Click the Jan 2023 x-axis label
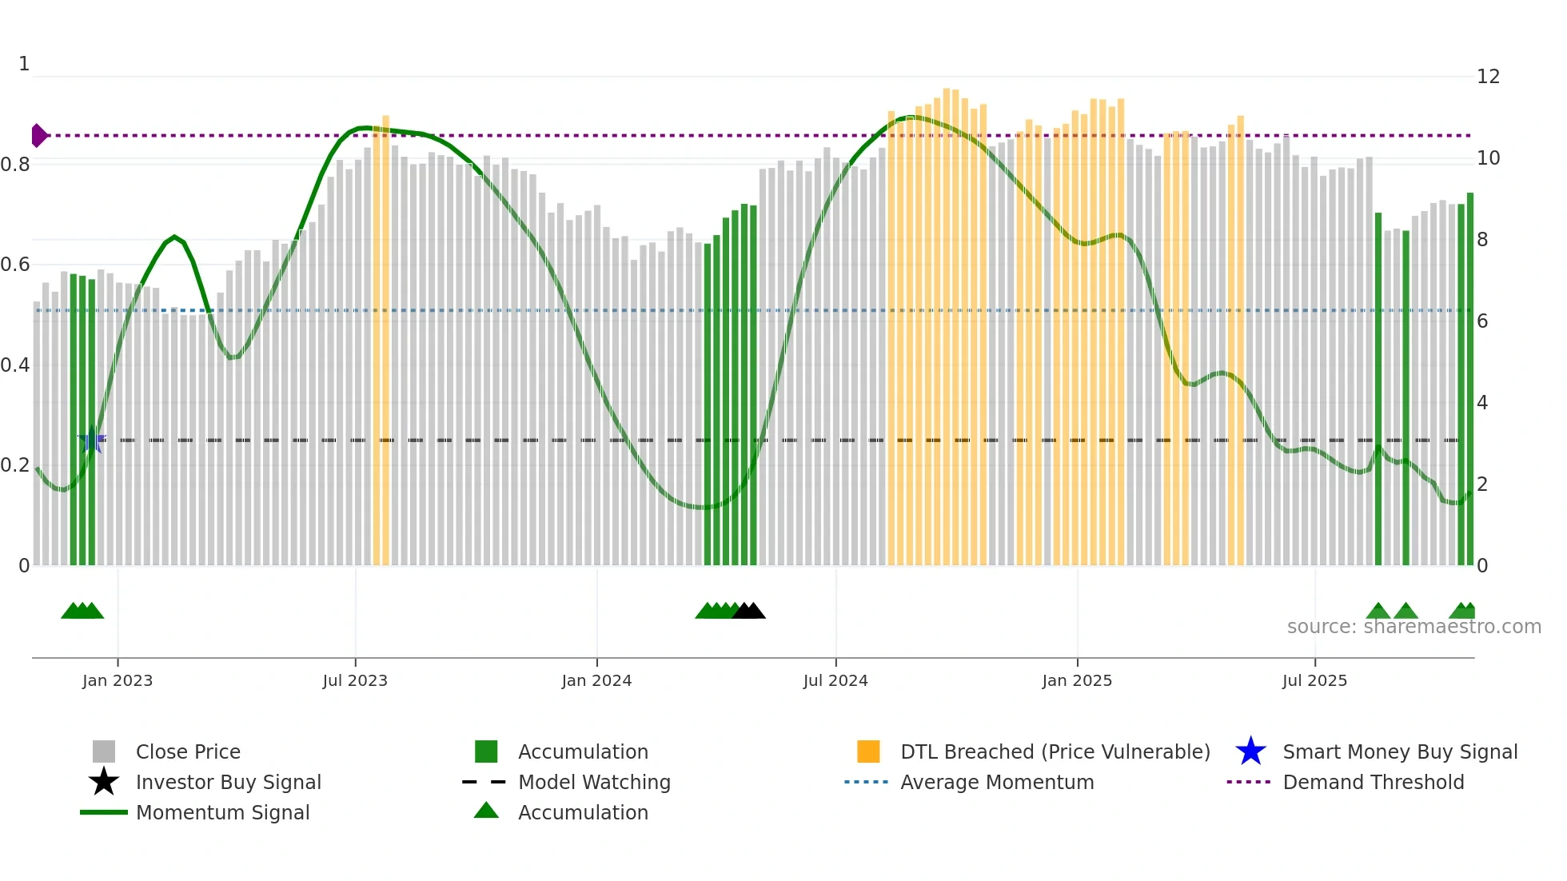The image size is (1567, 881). tap(118, 680)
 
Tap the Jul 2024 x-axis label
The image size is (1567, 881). tap(835, 680)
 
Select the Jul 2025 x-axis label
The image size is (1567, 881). tap(1314, 680)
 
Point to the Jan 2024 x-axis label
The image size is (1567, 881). tap(596, 680)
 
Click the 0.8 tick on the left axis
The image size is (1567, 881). tap(15, 165)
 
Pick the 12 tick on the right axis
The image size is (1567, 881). tap(1488, 77)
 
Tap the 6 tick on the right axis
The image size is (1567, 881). tap(1482, 321)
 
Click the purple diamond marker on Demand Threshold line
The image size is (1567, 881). tap(38, 136)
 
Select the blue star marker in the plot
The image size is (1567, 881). tap(92, 440)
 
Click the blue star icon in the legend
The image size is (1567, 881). tap(1250, 751)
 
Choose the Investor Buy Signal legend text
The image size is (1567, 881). tap(229, 782)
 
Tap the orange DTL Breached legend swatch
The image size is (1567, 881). tap(868, 751)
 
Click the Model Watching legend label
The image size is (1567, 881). tap(594, 782)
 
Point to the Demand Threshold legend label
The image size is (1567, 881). tap(1373, 782)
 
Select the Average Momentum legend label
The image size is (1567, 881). tap(997, 782)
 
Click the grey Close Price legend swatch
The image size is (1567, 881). tap(104, 751)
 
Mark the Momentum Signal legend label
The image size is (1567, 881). tap(222, 812)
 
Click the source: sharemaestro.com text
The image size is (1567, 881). tap(1413, 627)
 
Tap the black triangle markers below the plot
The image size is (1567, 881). tap(749, 611)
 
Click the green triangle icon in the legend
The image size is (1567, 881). tap(486, 811)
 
